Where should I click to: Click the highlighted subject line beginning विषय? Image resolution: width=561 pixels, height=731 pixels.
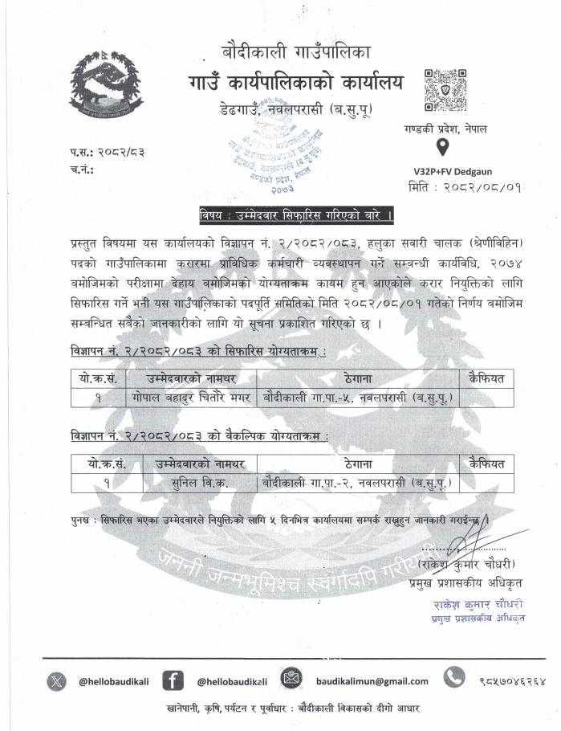point(296,215)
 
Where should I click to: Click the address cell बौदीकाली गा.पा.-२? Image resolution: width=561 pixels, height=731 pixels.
point(356,482)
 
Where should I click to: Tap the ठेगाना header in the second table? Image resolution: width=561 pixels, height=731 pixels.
point(356,464)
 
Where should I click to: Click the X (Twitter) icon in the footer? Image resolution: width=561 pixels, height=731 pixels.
point(55,680)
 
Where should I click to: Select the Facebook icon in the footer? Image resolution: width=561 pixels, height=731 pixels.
point(173,680)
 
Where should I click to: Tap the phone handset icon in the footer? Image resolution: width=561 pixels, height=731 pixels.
point(454,679)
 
